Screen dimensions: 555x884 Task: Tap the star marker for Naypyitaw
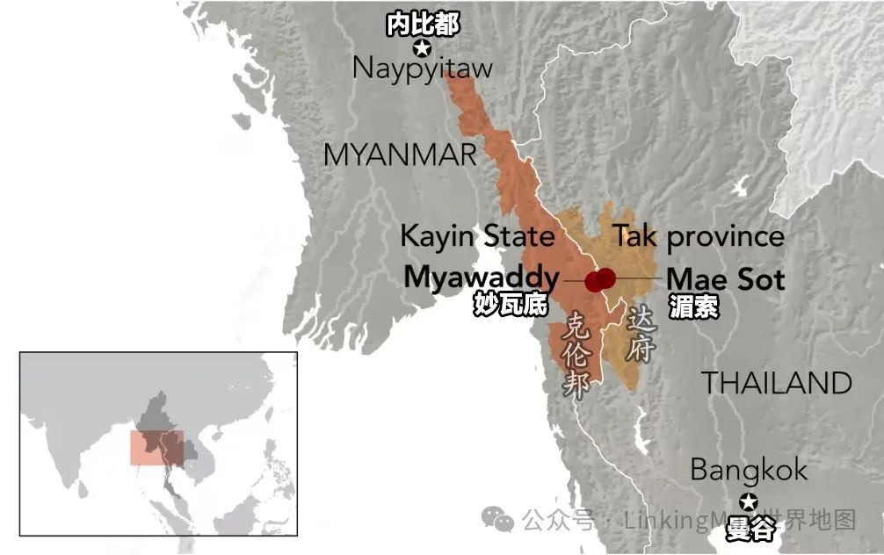point(423,48)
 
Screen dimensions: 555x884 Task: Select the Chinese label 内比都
point(423,25)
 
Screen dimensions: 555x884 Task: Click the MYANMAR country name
point(400,155)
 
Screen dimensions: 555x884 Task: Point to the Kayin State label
point(477,236)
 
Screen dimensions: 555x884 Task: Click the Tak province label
point(699,236)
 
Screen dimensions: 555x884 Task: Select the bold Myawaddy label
point(482,277)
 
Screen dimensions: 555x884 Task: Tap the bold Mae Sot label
point(725,279)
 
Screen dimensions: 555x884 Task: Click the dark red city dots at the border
point(600,279)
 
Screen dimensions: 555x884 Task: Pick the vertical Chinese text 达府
point(640,335)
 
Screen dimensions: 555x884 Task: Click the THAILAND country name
point(776,384)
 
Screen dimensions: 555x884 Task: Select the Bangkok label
point(748,470)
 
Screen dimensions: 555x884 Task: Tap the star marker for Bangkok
point(748,502)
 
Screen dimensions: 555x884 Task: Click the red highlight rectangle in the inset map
point(157,447)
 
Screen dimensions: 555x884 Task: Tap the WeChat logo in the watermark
point(504,521)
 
